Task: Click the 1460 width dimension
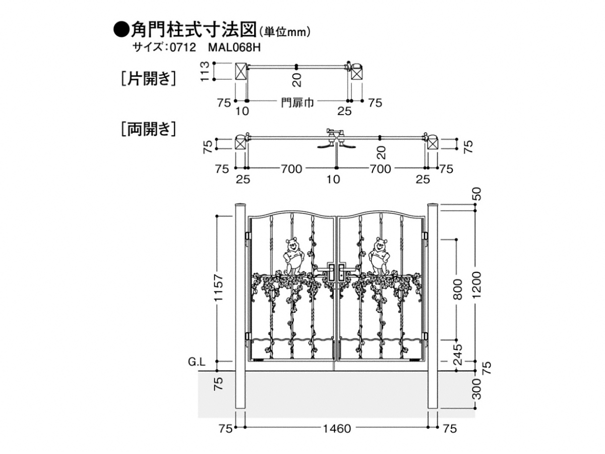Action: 336,429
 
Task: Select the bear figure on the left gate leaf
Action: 292,256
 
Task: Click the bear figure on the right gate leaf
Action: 379,256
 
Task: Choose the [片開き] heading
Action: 148,79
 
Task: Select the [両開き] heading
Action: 148,129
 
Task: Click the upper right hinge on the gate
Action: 425,236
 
